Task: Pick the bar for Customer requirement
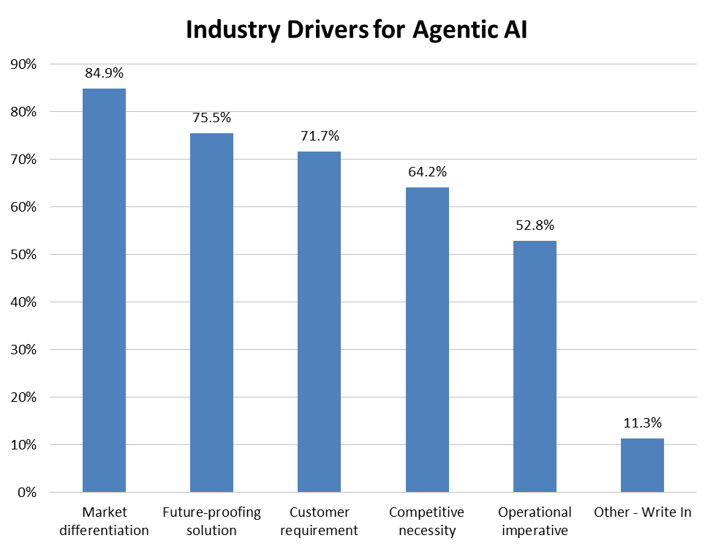(x=319, y=321)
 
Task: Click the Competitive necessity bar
(x=427, y=340)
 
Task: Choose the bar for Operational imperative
(x=535, y=366)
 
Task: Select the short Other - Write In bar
(x=642, y=465)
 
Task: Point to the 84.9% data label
(x=104, y=73)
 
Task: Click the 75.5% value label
(x=211, y=118)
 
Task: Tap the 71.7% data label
(x=320, y=136)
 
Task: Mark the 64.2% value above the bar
(x=427, y=172)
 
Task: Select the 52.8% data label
(x=535, y=225)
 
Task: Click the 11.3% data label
(x=642, y=422)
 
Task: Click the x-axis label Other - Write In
(x=642, y=512)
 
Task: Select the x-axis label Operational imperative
(x=535, y=520)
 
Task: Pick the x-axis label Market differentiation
(x=105, y=520)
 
